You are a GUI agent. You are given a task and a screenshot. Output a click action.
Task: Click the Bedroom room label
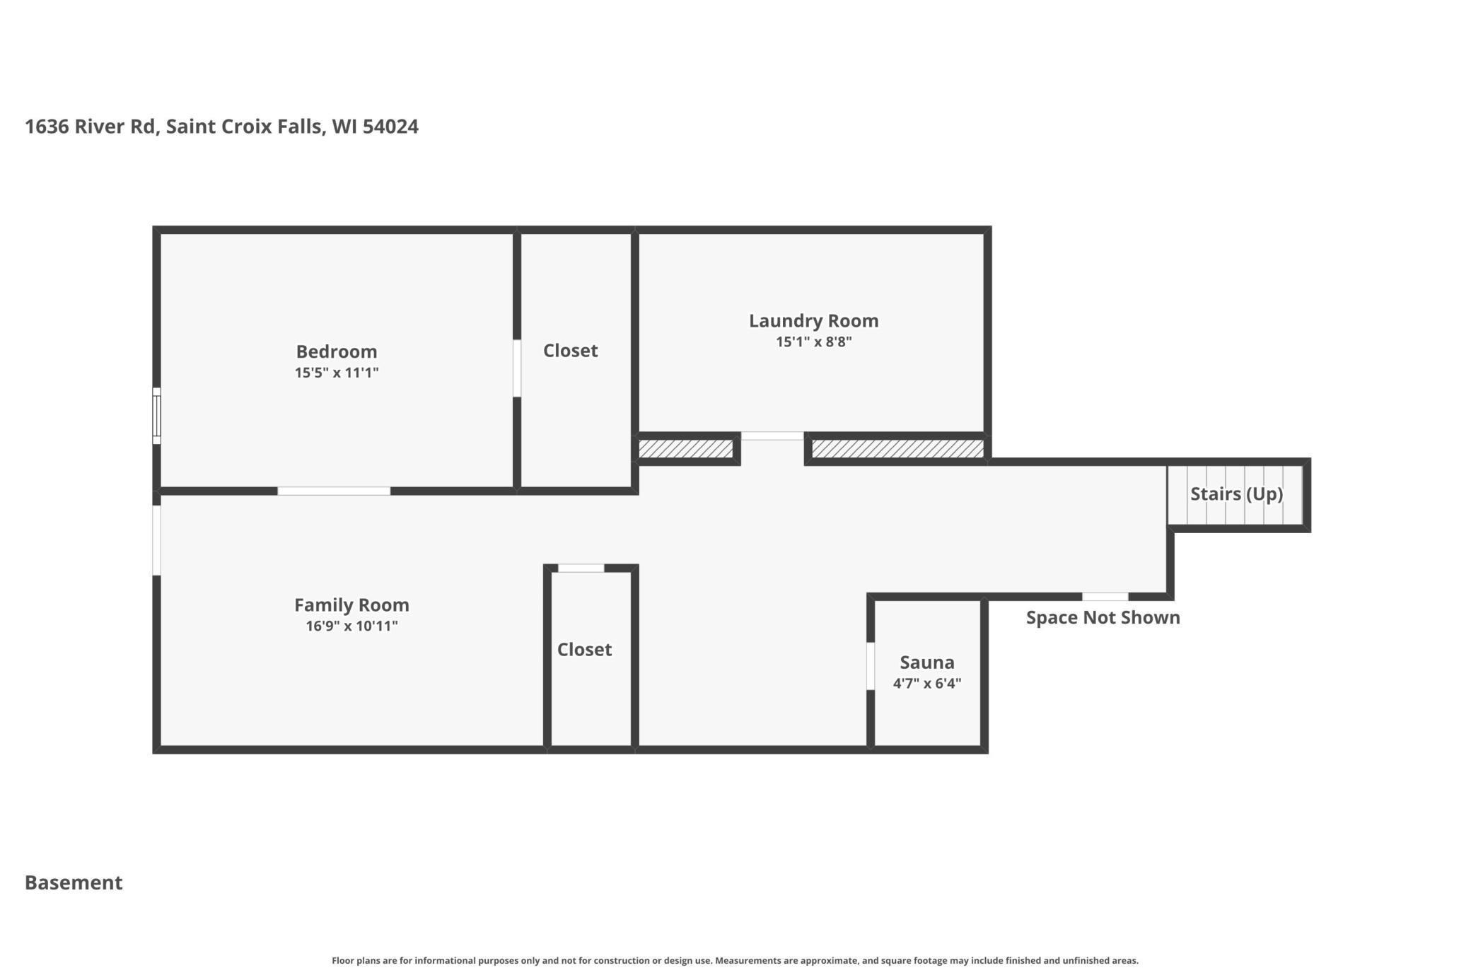pyautogui.click(x=336, y=351)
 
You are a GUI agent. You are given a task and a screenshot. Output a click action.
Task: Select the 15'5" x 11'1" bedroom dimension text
pyautogui.click(x=337, y=373)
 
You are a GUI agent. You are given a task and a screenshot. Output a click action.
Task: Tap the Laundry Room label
pyautogui.click(x=813, y=321)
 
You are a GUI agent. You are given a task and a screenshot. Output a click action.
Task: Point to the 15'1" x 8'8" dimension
pyautogui.click(x=813, y=342)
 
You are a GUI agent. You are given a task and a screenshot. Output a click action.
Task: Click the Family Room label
pyautogui.click(x=351, y=605)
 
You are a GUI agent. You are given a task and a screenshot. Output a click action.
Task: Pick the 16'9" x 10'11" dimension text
pyautogui.click(x=351, y=626)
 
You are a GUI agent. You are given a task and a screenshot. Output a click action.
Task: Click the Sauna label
pyautogui.click(x=926, y=663)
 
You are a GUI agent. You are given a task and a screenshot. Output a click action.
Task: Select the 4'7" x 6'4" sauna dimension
pyautogui.click(x=926, y=684)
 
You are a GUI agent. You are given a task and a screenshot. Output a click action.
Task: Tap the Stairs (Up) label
pyautogui.click(x=1236, y=494)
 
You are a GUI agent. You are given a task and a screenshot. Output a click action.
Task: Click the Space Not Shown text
pyautogui.click(x=1103, y=617)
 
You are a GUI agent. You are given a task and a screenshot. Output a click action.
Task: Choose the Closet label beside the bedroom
pyautogui.click(x=570, y=351)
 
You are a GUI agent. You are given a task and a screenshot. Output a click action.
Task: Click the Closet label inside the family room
pyautogui.click(x=584, y=650)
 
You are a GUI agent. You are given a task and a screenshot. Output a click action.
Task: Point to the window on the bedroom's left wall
pyautogui.click(x=156, y=416)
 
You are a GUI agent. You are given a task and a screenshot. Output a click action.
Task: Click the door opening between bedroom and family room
pyautogui.click(x=334, y=491)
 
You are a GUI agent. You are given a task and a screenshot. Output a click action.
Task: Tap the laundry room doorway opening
pyautogui.click(x=772, y=436)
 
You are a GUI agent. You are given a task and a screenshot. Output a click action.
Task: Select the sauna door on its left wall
pyautogui.click(x=871, y=665)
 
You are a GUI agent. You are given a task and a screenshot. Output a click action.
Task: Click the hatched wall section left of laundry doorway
pyautogui.click(x=685, y=449)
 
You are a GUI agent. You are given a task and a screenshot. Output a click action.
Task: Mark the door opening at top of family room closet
pyautogui.click(x=581, y=568)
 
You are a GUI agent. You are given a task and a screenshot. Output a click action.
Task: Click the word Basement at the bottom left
pyautogui.click(x=74, y=882)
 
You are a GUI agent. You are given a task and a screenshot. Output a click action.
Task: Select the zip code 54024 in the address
pyautogui.click(x=390, y=127)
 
